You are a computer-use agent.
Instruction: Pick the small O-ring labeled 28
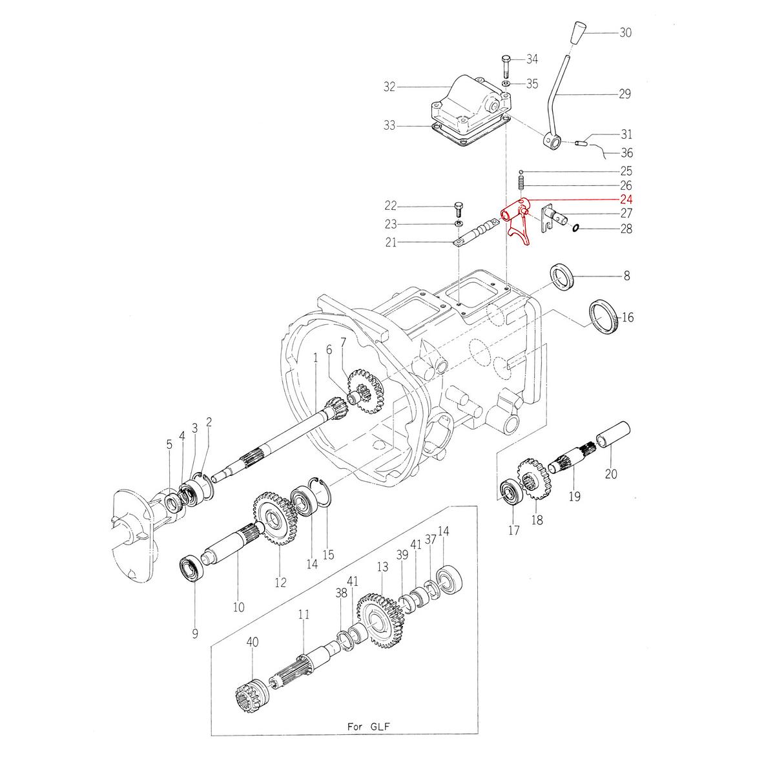(575, 227)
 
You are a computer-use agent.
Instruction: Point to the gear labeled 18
(533, 480)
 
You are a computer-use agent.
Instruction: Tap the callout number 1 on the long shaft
(315, 356)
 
